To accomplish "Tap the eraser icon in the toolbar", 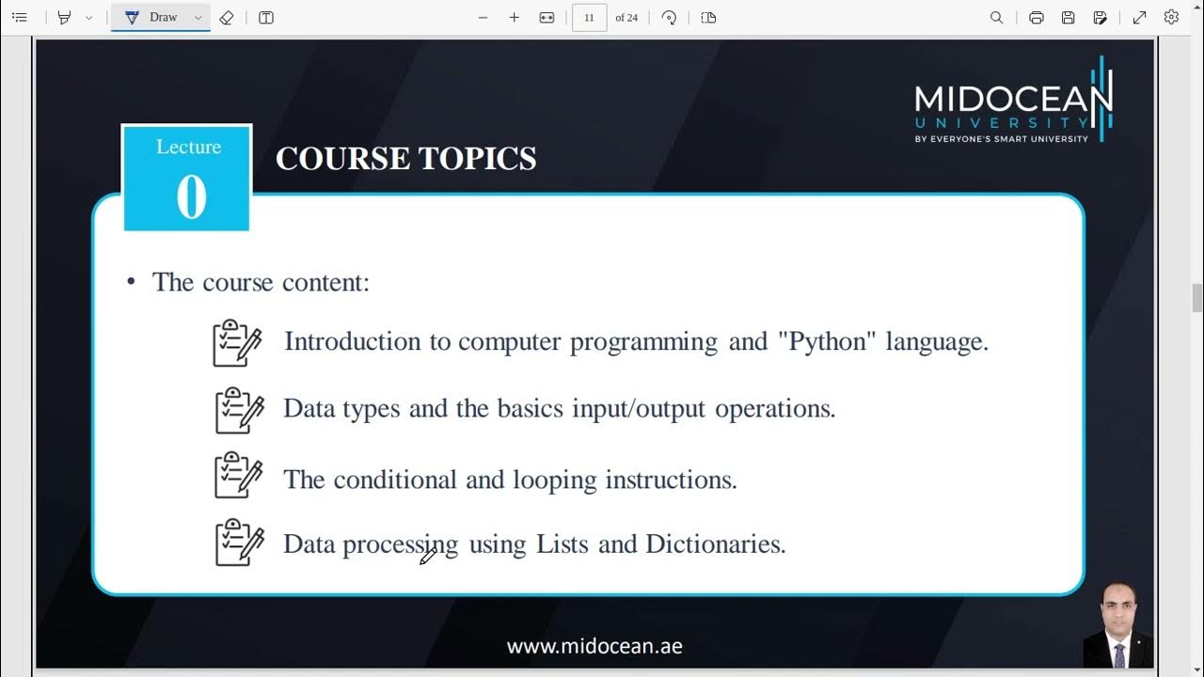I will point(226,18).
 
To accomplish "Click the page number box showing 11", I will point(589,18).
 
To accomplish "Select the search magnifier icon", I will point(996,18).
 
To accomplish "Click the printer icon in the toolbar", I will point(1036,18).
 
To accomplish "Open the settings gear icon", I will point(1171,18).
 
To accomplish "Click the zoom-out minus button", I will point(483,18).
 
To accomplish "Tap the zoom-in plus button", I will point(514,18).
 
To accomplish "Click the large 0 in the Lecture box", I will point(191,197).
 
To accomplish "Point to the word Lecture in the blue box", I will point(188,147).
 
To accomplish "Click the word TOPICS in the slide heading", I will point(478,159).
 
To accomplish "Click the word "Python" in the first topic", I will point(828,341).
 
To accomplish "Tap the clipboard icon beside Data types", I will point(239,410).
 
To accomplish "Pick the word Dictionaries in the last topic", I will point(715,544).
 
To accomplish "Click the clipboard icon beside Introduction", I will point(237,343).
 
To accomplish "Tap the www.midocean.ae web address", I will point(594,646).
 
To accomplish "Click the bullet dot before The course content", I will point(132,282).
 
